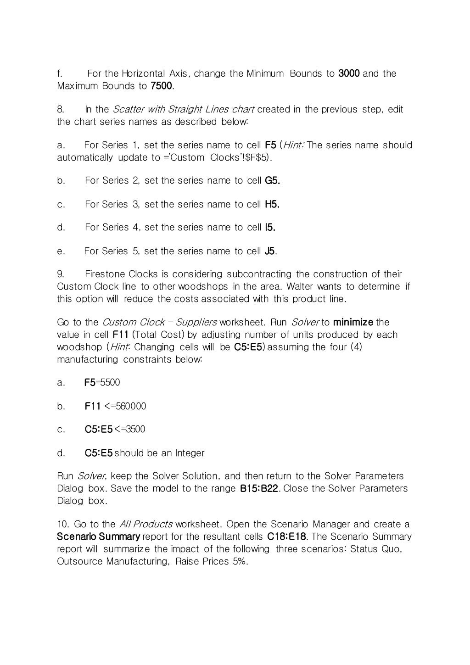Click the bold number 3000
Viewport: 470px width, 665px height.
click(349, 73)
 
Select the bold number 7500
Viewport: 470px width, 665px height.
click(162, 86)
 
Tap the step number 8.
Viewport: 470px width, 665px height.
click(61, 109)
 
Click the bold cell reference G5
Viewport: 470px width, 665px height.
click(272, 180)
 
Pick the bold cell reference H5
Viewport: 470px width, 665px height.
click(272, 204)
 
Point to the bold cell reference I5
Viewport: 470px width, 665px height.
click(270, 227)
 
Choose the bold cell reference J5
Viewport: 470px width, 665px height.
click(270, 251)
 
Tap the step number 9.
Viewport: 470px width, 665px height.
click(61, 274)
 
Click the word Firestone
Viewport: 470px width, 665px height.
click(105, 274)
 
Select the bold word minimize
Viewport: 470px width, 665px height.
click(353, 322)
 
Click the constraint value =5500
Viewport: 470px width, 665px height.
click(107, 382)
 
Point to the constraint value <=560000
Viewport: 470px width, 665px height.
click(125, 406)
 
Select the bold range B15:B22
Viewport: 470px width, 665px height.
click(259, 488)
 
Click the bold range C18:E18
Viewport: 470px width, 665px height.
click(286, 536)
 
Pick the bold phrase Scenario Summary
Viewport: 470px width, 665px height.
click(98, 536)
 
